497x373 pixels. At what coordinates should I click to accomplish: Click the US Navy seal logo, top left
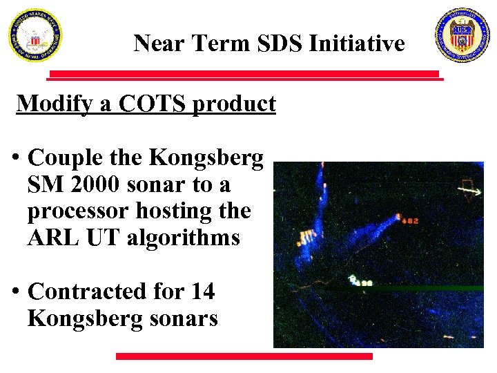click(x=35, y=35)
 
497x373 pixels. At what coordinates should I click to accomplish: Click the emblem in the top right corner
click(x=462, y=35)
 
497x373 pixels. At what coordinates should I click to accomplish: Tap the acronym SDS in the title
click(x=280, y=44)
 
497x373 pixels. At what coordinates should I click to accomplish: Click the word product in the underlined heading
click(x=235, y=104)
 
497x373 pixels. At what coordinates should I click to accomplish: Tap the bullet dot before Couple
click(x=14, y=158)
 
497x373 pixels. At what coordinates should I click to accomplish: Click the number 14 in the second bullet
click(x=202, y=292)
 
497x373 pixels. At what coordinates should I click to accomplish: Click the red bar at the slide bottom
click(x=244, y=356)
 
